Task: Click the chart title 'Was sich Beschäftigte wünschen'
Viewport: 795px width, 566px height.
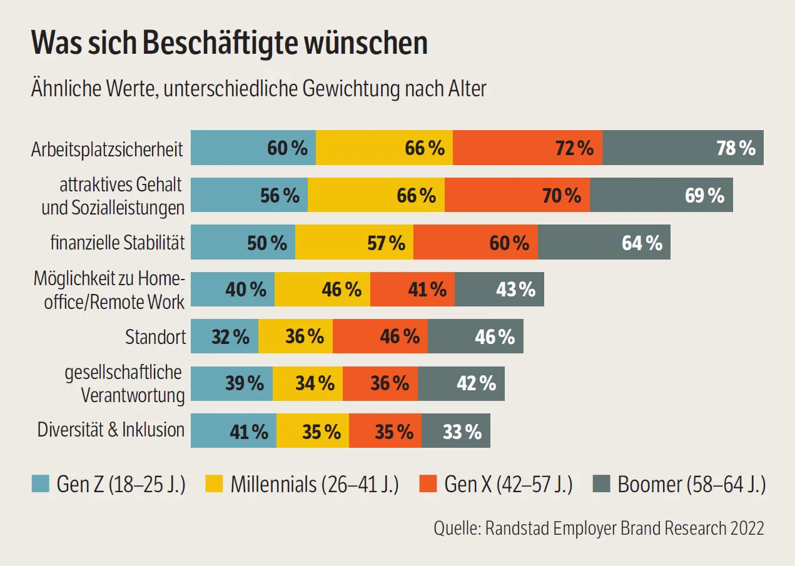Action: (230, 44)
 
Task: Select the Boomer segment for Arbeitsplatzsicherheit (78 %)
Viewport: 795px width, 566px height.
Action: (682, 148)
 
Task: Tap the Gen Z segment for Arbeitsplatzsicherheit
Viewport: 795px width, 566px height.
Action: (253, 148)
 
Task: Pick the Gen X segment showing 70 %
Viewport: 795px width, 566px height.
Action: (517, 195)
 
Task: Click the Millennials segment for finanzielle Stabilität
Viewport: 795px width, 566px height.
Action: (354, 243)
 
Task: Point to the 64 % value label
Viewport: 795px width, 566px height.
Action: (642, 243)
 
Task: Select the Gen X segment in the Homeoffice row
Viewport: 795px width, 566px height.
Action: (412, 290)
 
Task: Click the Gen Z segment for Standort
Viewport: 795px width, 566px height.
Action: (224, 336)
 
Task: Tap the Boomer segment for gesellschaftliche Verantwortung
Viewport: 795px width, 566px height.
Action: (461, 383)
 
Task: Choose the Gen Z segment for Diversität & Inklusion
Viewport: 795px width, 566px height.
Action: (233, 431)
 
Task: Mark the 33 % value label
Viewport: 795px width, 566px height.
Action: (462, 432)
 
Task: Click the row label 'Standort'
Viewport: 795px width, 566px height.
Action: (156, 337)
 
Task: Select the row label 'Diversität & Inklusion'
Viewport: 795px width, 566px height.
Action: (111, 430)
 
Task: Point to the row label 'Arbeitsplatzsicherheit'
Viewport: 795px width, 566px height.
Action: (107, 149)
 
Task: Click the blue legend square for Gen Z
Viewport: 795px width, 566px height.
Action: (41, 484)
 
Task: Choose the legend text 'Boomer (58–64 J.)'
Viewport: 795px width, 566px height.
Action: (691, 485)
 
